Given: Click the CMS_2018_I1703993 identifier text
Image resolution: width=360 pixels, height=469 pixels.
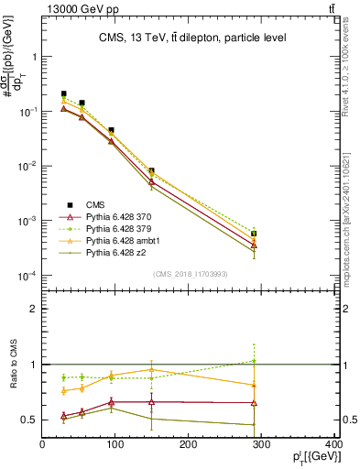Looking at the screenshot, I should coord(190,272).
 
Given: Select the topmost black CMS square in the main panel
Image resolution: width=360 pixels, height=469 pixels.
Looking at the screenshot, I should coord(63,93).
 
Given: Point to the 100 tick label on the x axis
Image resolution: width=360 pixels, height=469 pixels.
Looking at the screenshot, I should coord(115,443).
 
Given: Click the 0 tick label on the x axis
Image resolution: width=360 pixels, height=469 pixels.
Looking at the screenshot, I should coord(42,443).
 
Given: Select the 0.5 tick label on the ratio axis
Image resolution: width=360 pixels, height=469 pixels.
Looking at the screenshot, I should coord(31,420).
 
